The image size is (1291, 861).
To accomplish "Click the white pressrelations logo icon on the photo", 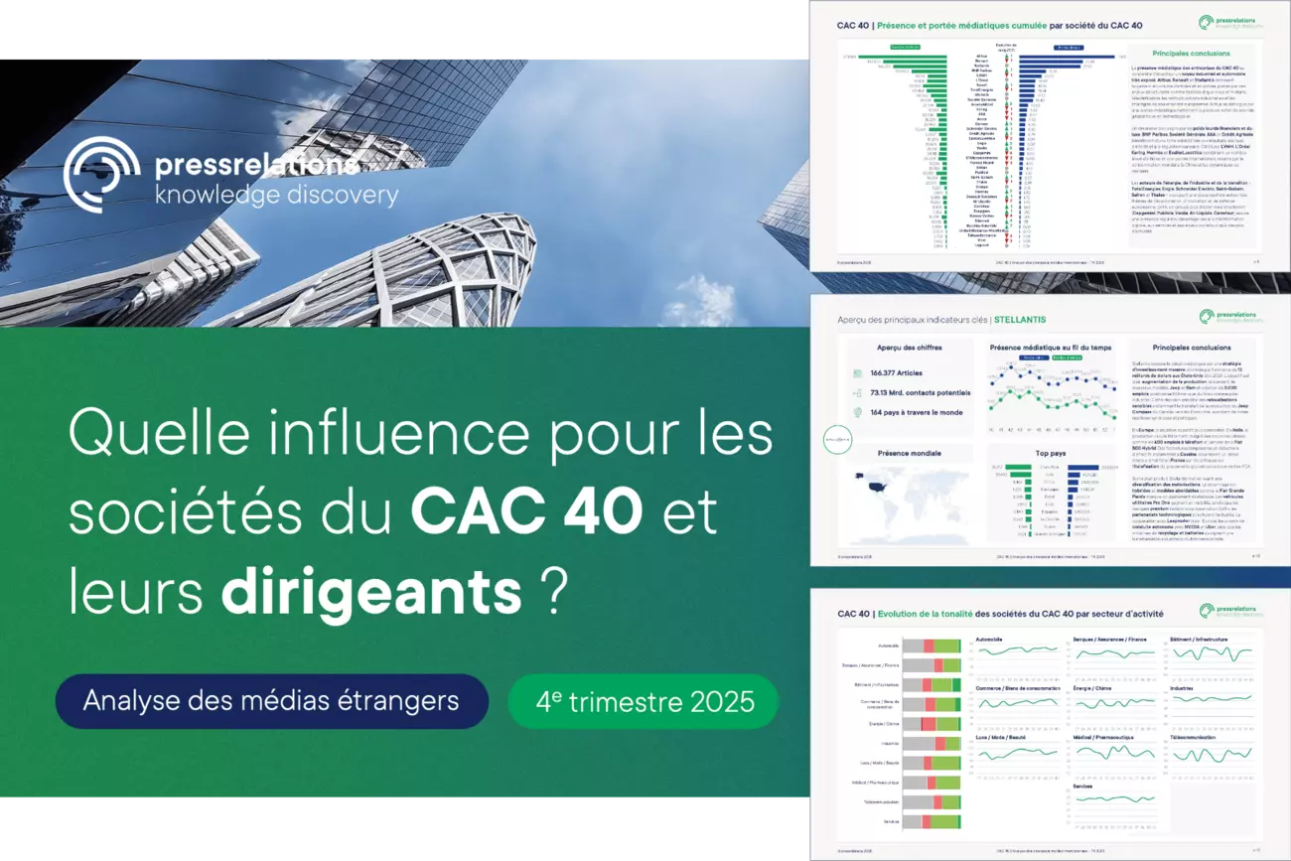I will pyautogui.click(x=102, y=175).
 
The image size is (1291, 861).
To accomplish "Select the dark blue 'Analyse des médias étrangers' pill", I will pyautogui.click(x=271, y=701).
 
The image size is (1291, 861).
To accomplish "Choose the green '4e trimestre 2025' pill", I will pyautogui.click(x=644, y=701).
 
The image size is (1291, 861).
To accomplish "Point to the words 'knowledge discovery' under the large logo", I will pyautogui.click(x=276, y=195).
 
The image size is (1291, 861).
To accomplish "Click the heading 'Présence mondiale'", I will pyautogui.click(x=909, y=453).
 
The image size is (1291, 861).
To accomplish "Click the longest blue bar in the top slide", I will pyautogui.click(x=1073, y=57).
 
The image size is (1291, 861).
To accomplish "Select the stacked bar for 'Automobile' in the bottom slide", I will pyautogui.click(x=932, y=646).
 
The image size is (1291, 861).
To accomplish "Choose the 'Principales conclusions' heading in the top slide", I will pyautogui.click(x=1192, y=53).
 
